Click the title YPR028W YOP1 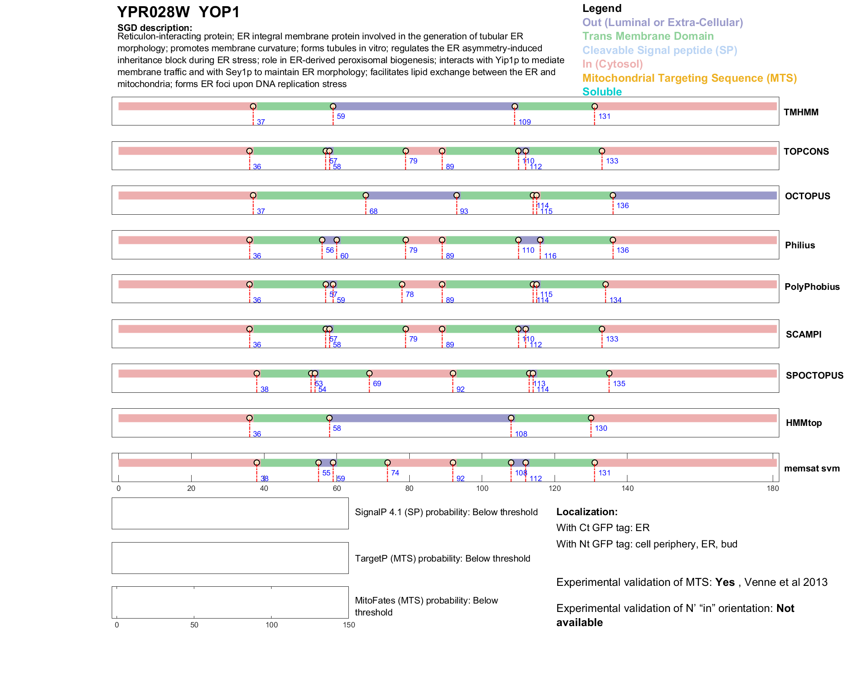click(x=178, y=12)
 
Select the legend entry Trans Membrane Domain click(x=648, y=36)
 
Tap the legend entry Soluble click(x=602, y=91)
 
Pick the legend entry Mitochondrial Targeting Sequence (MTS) click(x=689, y=78)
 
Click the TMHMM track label click(x=801, y=112)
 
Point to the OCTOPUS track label click(x=807, y=196)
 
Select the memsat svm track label click(x=812, y=468)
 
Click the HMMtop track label click(x=804, y=423)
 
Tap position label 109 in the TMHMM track click(x=525, y=122)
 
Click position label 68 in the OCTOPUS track click(x=374, y=211)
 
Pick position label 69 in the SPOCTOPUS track click(x=377, y=384)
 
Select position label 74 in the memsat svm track click(x=395, y=473)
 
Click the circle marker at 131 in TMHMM click(x=595, y=106)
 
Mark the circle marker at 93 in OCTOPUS click(x=457, y=195)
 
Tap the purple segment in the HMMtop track click(x=419, y=418)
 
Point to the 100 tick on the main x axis click(x=482, y=488)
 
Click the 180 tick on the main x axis click(x=773, y=488)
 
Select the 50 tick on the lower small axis click(x=194, y=625)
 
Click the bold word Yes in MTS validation click(x=725, y=582)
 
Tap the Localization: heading click(x=586, y=512)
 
